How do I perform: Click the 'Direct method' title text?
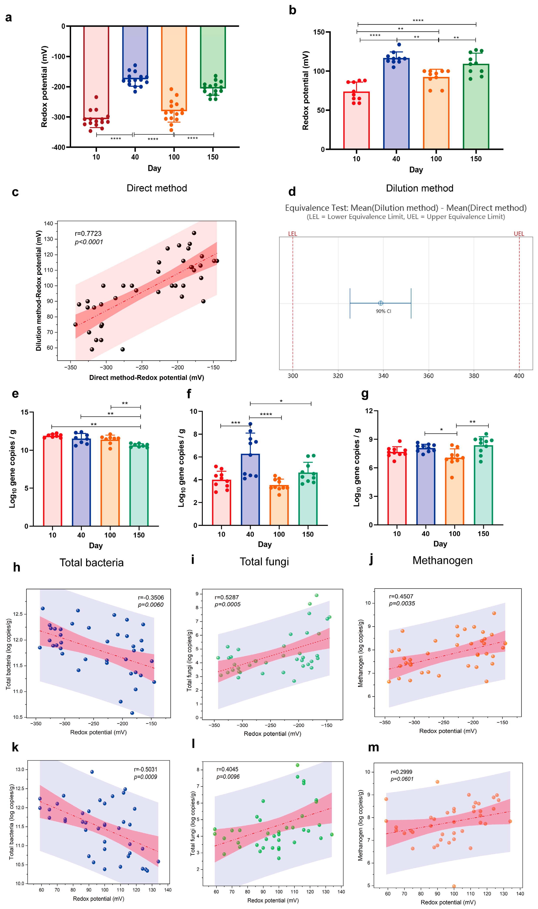point(157,188)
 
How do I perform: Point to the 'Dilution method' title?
point(419,188)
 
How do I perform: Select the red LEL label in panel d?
point(292,234)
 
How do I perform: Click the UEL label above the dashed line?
point(519,234)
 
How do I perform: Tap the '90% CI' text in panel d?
point(383,311)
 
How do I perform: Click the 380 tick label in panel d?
point(473,376)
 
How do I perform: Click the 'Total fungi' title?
point(264,561)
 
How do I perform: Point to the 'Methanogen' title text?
point(442,560)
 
